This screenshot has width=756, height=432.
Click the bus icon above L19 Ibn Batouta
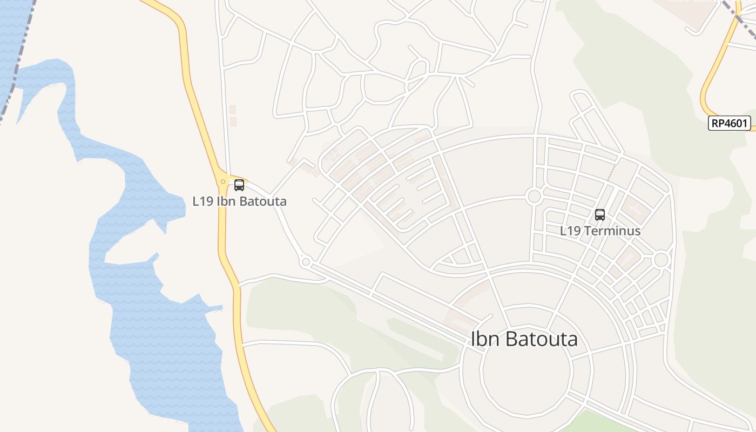click(239, 185)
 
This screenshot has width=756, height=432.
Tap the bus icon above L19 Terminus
click(599, 215)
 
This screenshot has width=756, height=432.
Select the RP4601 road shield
click(730, 123)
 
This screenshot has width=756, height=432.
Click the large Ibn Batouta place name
click(524, 339)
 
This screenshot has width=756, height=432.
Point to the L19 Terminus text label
click(600, 231)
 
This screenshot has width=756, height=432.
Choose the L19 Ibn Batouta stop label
click(239, 201)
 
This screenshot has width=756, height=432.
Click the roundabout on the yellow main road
click(222, 182)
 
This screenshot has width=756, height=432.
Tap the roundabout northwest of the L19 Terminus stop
click(534, 196)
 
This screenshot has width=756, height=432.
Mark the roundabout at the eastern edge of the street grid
click(661, 260)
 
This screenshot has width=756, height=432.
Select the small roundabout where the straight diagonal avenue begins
click(306, 262)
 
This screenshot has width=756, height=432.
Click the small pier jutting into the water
click(214, 309)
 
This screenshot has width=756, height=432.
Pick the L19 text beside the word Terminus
click(570, 231)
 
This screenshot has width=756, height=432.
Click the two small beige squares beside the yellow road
click(233, 116)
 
